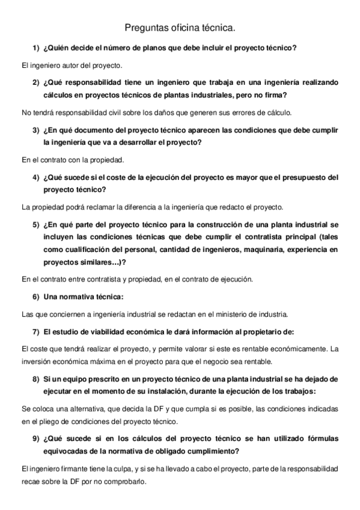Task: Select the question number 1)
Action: (36, 47)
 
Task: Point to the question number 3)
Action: (36, 130)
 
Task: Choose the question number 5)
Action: (36, 225)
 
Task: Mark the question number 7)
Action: (36, 332)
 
